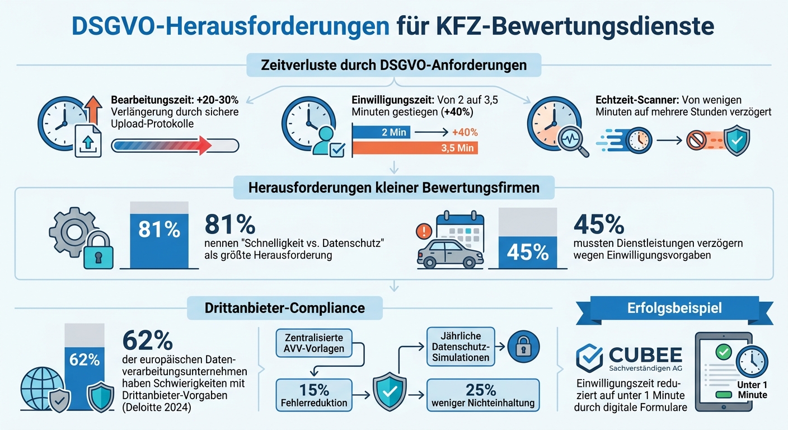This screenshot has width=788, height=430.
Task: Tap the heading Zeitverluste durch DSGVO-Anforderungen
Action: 393,65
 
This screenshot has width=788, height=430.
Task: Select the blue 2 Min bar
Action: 381,133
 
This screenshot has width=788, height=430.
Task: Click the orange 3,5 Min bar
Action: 414,148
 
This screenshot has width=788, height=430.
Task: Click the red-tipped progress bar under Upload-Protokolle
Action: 175,146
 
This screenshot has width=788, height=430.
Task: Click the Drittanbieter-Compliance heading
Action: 284,308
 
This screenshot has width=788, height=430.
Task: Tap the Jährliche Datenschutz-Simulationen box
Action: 461,347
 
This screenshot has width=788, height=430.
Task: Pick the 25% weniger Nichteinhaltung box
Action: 482,395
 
